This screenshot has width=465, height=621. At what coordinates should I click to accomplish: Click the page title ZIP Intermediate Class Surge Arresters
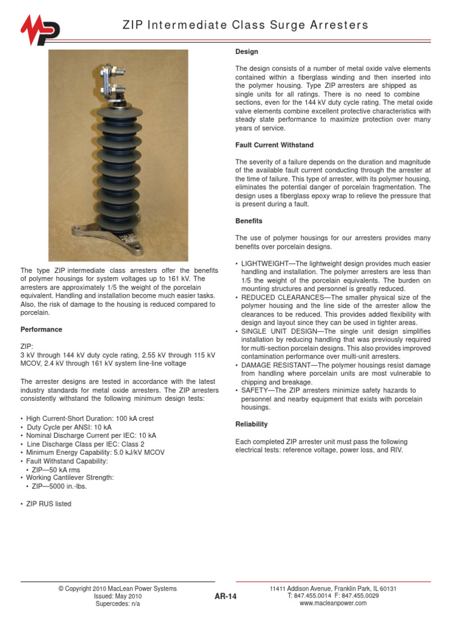(245, 25)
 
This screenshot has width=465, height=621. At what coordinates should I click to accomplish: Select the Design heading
(246, 52)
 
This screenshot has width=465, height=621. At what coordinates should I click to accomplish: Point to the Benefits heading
(249, 221)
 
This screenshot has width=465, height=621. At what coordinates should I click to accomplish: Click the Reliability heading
(251, 424)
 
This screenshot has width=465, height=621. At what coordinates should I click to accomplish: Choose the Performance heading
(41, 329)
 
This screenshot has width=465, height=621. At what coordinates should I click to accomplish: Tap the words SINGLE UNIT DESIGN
(275, 332)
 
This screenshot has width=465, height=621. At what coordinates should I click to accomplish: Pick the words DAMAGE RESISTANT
(274, 366)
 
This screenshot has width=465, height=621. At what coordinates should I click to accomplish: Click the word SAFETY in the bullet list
(255, 391)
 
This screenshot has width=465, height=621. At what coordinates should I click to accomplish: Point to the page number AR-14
(225, 597)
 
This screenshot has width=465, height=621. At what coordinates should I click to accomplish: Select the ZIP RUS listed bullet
(48, 504)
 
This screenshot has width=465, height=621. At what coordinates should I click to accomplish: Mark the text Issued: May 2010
(117, 597)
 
